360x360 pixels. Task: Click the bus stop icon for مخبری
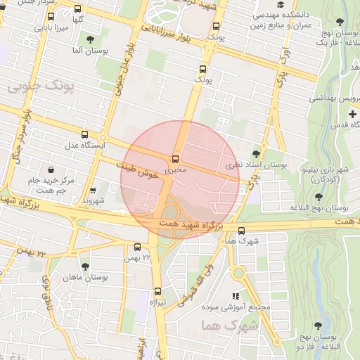point(175,158)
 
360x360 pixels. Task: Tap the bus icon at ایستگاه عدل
point(85,134)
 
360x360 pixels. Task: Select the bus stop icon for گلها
point(77,10)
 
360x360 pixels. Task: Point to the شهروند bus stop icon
point(94,190)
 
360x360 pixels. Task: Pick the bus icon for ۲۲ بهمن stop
point(137,247)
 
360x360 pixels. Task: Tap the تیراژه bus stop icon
point(157,290)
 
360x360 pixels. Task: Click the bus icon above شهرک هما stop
point(242,231)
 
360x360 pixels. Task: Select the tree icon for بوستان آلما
point(89,39)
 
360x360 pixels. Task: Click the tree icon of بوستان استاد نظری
point(255,153)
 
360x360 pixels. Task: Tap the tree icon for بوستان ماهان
point(85,267)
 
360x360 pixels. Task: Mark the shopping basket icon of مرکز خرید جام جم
point(52,169)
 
